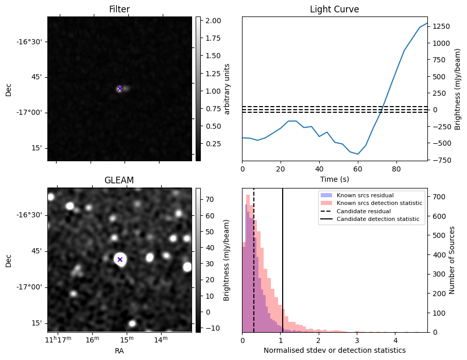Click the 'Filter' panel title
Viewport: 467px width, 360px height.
tap(119, 9)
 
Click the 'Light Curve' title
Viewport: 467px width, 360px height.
tap(334, 9)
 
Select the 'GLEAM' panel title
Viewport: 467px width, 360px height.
tap(119, 180)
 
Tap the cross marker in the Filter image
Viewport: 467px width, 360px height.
tap(120, 89)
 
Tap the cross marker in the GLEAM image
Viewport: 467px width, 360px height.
tap(120, 260)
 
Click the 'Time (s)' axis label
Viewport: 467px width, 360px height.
tap(334, 179)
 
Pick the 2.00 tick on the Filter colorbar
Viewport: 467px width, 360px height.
tap(209, 21)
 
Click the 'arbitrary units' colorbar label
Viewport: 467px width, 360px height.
tap(227, 89)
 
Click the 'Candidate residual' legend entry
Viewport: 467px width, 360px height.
tap(363, 212)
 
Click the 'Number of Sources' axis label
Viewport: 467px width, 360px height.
tap(452, 260)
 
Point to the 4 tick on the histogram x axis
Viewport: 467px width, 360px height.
tap(395, 340)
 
